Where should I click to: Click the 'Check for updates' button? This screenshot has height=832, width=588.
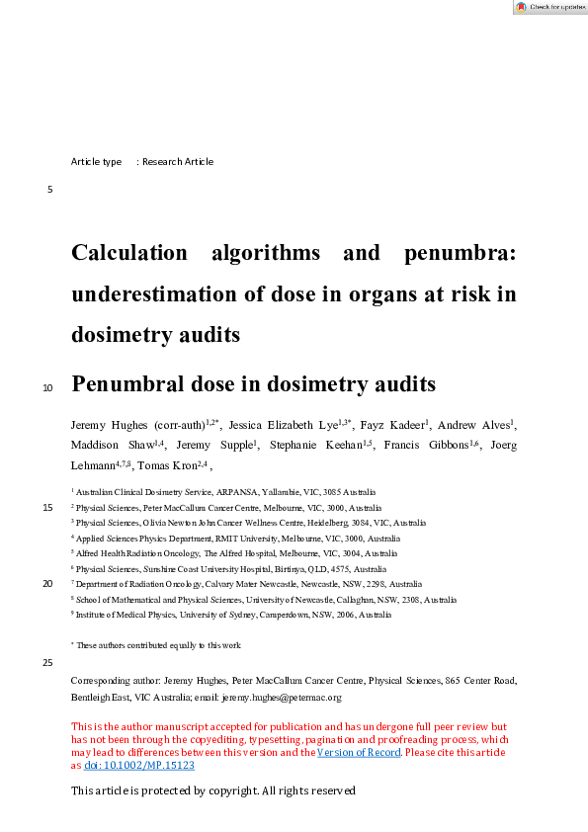click(549, 7)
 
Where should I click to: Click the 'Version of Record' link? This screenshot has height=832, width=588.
click(359, 753)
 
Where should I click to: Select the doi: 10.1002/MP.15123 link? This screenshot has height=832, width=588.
click(137, 765)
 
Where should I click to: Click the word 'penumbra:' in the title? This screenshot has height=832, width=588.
click(460, 253)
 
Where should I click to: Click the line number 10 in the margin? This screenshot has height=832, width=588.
click(47, 388)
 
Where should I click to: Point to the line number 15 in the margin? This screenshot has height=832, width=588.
click(47, 508)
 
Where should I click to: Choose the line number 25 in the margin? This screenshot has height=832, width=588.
click(47, 662)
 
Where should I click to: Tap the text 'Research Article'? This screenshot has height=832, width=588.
click(178, 162)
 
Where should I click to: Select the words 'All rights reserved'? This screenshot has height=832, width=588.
click(307, 790)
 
